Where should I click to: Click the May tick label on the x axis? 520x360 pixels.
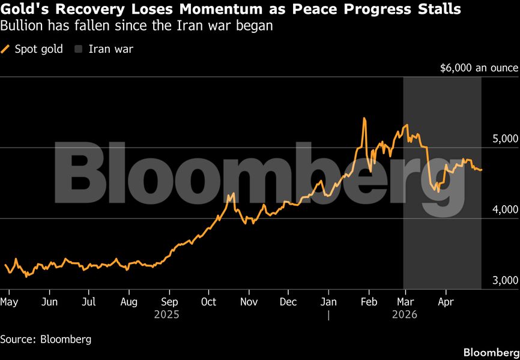tap(9, 301)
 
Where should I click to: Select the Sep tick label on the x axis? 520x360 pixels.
tap(170, 301)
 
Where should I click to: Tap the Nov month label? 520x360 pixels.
tap(249, 301)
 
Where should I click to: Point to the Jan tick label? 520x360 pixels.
tap(328, 301)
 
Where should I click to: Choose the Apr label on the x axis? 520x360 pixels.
tap(445, 301)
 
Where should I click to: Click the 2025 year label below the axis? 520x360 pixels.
tap(168, 313)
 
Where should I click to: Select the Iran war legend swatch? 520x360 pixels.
tap(78, 49)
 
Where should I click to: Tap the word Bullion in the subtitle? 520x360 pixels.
tap(20, 26)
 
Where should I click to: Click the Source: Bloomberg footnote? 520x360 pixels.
tap(46, 339)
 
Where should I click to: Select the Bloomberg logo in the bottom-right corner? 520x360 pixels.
tap(491, 350)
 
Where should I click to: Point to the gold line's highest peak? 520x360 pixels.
tap(364, 118)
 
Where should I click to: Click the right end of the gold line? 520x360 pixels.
tap(481, 170)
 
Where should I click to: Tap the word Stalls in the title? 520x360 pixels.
tap(439, 10)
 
